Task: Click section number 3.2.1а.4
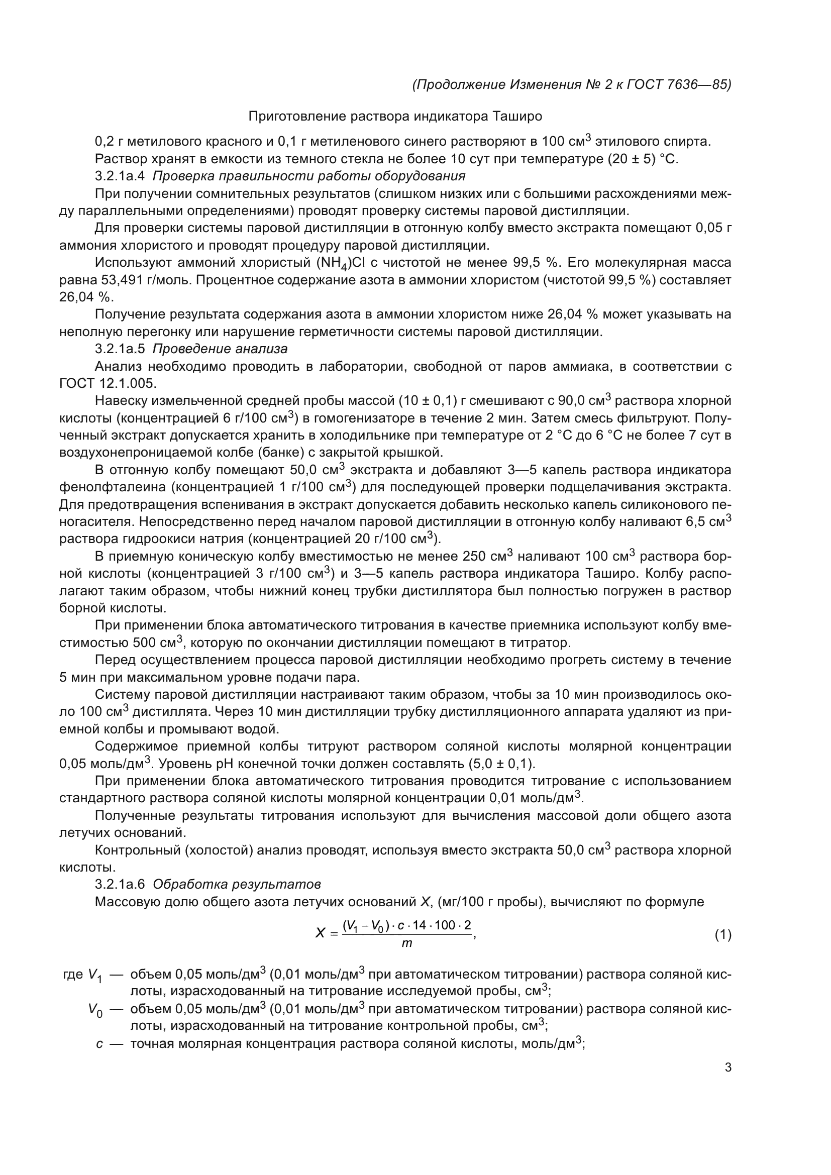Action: tap(120, 176)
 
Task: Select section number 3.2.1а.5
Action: tap(120, 349)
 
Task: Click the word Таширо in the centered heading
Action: tap(517, 117)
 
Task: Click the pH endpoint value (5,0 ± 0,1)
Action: tap(501, 764)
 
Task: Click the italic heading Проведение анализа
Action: tap(220, 349)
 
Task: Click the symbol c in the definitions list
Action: tap(99, 1044)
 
